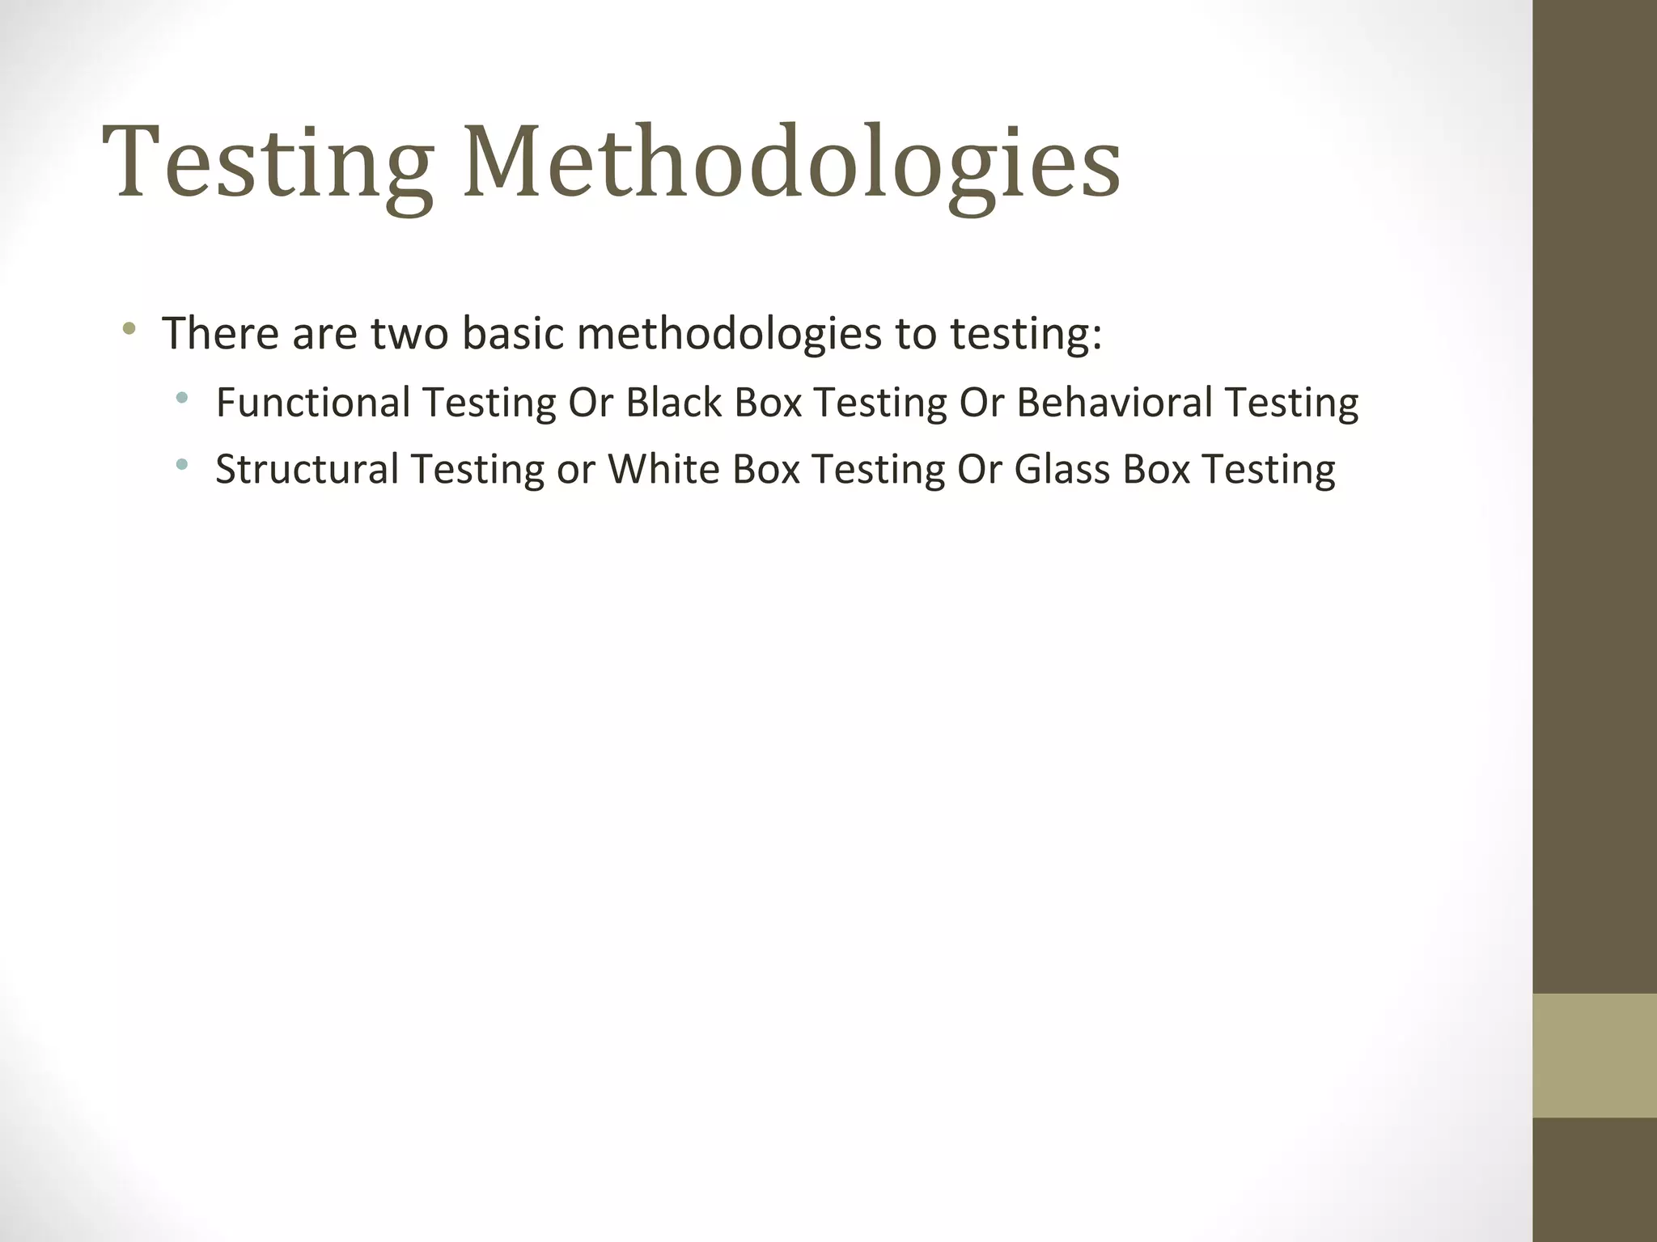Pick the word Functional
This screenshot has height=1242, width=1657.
pos(313,402)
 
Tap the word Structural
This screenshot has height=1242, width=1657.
pos(307,469)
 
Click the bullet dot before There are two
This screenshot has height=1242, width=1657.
pos(128,329)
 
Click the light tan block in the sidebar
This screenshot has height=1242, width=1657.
pos(1594,1055)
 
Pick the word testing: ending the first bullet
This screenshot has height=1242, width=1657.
pos(1025,334)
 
